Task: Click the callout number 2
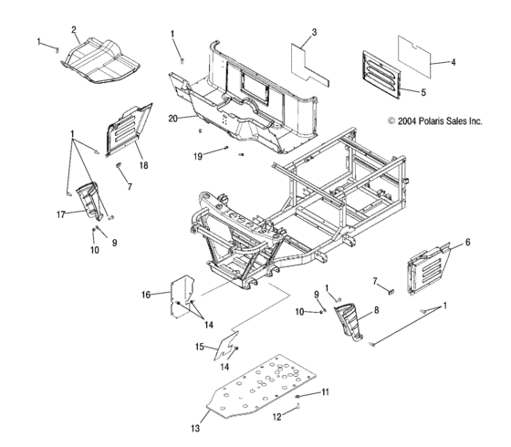pos(74,29)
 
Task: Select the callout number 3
pos(313,33)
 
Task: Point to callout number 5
pos(422,91)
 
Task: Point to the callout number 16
pos(146,295)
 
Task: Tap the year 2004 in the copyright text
pos(406,120)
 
